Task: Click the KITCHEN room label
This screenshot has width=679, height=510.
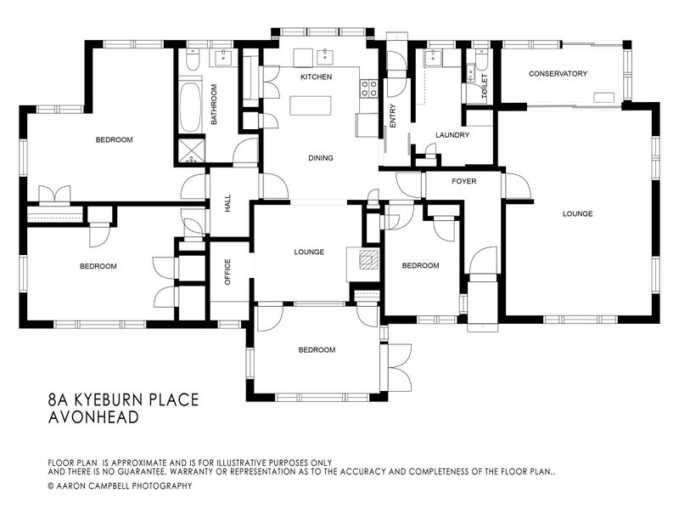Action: point(316,76)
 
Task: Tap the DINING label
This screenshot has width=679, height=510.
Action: point(321,158)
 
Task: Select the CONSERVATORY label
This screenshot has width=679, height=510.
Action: point(558,74)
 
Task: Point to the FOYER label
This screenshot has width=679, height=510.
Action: point(463,181)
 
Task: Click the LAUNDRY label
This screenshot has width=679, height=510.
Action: point(452,135)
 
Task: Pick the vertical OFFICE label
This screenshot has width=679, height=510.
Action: point(227,272)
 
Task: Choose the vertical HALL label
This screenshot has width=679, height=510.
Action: point(227,203)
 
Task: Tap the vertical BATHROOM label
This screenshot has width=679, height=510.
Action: point(214,104)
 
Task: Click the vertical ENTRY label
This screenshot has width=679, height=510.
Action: point(393,116)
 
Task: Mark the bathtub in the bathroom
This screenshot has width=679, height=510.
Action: point(190,105)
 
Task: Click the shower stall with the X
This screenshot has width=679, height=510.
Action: point(190,150)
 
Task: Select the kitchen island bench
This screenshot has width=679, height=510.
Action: point(311,105)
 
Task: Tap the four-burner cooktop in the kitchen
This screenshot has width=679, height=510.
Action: point(369,88)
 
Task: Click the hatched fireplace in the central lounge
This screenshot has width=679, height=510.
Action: point(368,260)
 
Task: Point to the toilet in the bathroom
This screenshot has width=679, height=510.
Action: point(193,59)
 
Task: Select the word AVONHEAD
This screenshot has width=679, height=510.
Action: point(93,417)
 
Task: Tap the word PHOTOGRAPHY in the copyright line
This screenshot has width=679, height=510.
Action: point(161,485)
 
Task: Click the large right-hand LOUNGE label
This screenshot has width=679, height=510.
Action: point(578,214)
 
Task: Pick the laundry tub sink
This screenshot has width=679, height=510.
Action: point(432,58)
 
